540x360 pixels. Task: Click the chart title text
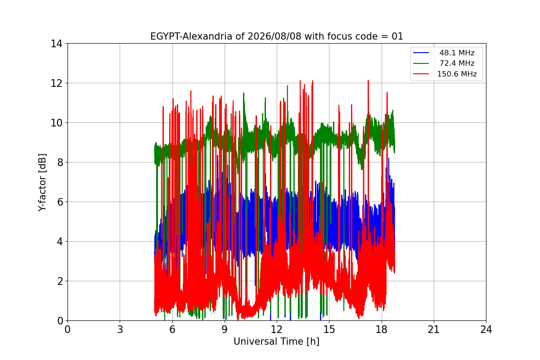pos(276,36)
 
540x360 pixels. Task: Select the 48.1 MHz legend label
pos(457,53)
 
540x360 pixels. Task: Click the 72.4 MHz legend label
pos(457,63)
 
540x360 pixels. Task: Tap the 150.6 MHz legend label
pos(457,74)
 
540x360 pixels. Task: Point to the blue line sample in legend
pos(421,53)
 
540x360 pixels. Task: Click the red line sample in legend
pos(421,74)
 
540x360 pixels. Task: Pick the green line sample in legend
pos(421,63)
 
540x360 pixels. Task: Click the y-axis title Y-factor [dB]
pos(42,182)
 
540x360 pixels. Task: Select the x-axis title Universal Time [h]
pos(276,342)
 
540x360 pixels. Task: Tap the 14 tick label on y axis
pos(56,44)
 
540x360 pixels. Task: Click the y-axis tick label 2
pos(60,281)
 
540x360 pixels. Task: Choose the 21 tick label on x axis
pos(434,329)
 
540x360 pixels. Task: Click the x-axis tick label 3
pos(120,329)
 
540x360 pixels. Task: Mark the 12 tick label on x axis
pos(277,329)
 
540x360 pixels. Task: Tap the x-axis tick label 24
pos(486,329)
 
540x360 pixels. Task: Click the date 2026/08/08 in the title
pos(274,36)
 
